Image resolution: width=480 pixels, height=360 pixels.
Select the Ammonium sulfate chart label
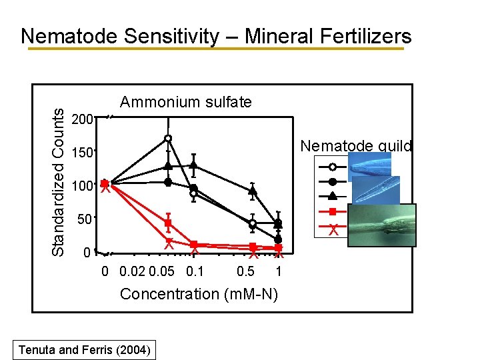point(186,102)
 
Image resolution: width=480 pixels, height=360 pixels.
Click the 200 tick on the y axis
point(82,120)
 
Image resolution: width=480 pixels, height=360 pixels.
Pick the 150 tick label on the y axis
point(82,153)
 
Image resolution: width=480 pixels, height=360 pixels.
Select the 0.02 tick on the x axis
point(131,272)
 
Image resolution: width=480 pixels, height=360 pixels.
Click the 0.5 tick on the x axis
point(245,272)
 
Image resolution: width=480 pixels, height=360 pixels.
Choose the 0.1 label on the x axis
point(195,272)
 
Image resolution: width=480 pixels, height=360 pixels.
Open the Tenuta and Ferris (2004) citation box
point(85,349)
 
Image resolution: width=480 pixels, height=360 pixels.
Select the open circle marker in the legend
point(332,167)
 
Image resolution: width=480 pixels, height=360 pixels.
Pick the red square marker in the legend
point(332,212)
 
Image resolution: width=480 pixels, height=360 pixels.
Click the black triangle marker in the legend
point(332,196)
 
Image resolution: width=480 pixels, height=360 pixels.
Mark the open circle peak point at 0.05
point(169,138)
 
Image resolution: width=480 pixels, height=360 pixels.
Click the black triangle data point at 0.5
point(253,191)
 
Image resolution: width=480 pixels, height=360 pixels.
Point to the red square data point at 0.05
point(169,223)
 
